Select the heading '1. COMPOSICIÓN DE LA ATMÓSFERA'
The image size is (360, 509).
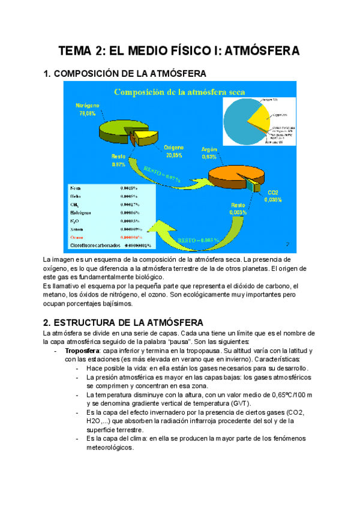[x=125, y=74]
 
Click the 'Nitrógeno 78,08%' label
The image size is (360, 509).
[x=87, y=109]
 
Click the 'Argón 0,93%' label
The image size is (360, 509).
[x=210, y=152]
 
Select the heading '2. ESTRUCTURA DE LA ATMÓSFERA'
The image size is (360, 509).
[x=124, y=322]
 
